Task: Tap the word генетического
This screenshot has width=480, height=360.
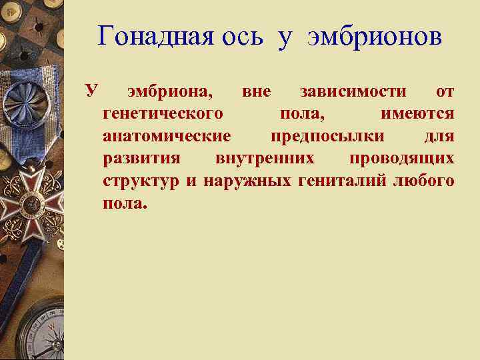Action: point(163,114)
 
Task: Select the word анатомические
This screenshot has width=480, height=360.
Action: point(167,137)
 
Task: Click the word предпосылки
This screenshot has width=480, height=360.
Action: point(327,137)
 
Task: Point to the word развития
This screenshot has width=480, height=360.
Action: point(141,159)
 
